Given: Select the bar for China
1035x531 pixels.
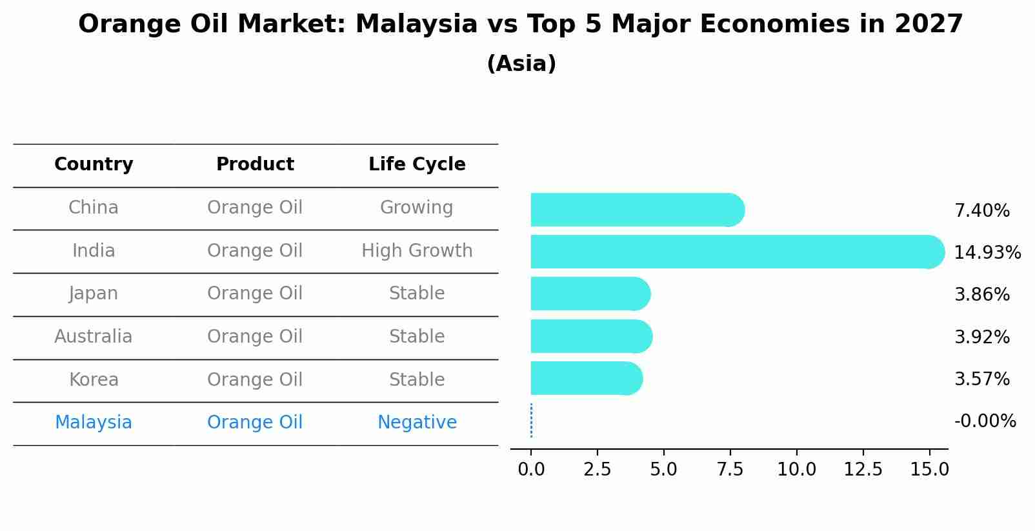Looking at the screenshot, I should click(636, 210).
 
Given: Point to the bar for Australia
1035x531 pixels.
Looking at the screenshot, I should click(590, 336).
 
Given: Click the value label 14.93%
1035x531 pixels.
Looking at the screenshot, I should click(987, 252).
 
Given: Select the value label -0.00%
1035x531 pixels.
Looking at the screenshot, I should click(985, 421).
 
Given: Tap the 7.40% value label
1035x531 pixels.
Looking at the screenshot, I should click(981, 210).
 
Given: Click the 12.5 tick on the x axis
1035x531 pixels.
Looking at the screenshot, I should click(863, 470).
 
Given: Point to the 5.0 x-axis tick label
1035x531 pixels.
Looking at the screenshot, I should click(663, 470).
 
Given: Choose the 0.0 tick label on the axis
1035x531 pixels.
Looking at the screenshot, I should click(531, 470).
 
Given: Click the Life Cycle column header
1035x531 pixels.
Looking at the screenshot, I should click(417, 165).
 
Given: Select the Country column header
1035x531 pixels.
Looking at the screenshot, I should click(94, 165).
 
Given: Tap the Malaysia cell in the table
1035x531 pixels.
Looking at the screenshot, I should click(94, 423).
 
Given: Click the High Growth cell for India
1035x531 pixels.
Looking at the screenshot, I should click(417, 250).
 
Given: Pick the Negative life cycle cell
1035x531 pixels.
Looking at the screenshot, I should click(417, 423).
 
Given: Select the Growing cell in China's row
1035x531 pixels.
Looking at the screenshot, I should click(416, 208).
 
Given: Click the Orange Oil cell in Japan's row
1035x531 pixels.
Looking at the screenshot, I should click(255, 294).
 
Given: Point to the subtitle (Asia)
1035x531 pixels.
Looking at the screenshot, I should click(521, 64).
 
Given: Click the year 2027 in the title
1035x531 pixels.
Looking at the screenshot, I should click(928, 25).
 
